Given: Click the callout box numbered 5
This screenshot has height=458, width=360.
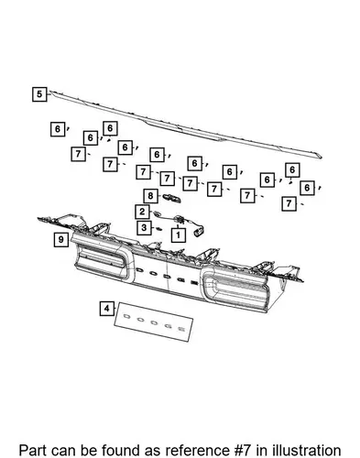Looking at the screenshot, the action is tap(39, 94).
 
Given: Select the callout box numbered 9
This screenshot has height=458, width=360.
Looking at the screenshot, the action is tap(61, 239).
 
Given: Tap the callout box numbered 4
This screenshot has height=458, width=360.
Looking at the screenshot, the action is tap(107, 309).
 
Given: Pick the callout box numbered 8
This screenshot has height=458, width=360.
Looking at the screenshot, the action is tap(150, 196).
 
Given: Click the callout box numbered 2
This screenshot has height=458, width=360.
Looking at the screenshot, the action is tap(142, 212).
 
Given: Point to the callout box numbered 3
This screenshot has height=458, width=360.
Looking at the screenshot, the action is tap(144, 227).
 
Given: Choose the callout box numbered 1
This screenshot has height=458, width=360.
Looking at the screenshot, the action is tap(178, 235).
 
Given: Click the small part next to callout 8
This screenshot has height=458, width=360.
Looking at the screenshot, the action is tap(172, 198).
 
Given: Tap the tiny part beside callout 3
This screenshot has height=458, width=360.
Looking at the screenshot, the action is tap(158, 229).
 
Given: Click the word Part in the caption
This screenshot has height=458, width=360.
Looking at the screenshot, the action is tap(32, 451).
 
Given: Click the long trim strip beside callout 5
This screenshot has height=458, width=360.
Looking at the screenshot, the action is tap(186, 125).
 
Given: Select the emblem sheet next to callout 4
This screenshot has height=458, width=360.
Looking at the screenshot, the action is tap(154, 322).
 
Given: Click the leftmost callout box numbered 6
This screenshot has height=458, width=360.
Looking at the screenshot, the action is tap(58, 129).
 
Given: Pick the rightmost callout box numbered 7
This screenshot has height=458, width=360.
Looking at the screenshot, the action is tap(289, 203).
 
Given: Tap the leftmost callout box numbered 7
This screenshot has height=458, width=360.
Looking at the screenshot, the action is tap(79, 154).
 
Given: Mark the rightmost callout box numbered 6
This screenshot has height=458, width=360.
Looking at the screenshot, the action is tap(307, 188).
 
